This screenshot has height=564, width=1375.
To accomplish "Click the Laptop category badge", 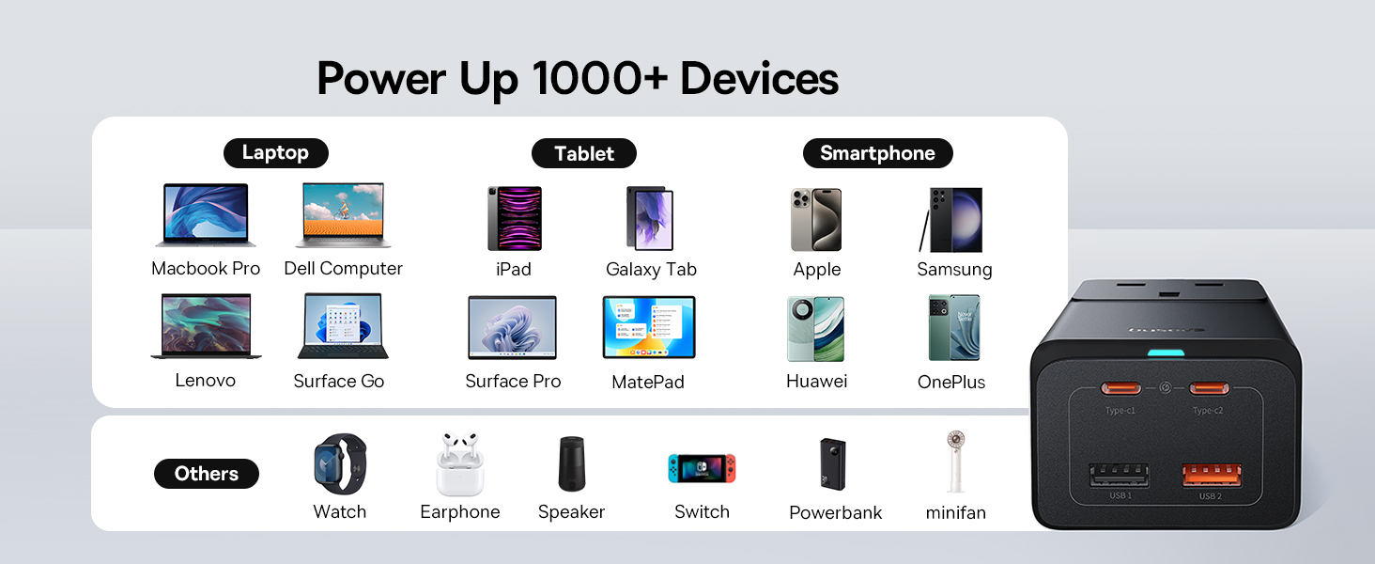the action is (275, 153).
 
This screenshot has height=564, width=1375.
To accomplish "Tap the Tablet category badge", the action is (584, 153).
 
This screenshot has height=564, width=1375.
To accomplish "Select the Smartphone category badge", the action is (878, 153).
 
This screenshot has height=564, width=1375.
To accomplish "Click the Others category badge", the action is (207, 474).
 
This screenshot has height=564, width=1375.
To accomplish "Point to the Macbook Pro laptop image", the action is (206, 215).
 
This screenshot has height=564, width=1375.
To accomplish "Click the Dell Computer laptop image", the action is (343, 215).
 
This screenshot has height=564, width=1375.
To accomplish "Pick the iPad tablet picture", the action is (515, 219).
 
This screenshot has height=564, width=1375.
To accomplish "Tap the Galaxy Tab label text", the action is (651, 269).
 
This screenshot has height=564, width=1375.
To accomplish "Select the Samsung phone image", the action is (951, 220).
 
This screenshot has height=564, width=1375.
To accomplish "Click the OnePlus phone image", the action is (954, 327).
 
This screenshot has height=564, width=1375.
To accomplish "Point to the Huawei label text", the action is (816, 381).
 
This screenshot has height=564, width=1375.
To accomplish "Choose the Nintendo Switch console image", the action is (702, 468).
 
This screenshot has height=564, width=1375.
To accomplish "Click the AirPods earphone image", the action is (460, 463).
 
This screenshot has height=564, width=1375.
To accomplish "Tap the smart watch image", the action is (340, 463).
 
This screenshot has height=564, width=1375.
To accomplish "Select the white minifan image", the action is (956, 462).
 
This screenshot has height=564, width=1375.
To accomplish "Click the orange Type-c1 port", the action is (1120, 388).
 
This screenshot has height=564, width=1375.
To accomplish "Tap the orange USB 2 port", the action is (1212, 476).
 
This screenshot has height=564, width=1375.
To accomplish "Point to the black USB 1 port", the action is (1119, 476).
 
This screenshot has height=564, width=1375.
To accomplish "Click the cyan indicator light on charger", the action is (1166, 353).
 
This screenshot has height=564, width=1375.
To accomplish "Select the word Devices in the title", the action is (759, 79).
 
